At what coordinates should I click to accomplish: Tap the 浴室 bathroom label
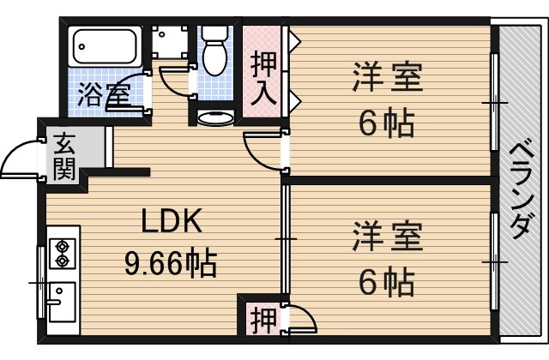[103, 95]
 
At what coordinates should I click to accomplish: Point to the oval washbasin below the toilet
[214, 117]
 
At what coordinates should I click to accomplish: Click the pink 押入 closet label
[263, 78]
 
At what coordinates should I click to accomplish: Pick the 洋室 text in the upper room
[386, 81]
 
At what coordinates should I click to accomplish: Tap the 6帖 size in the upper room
[386, 124]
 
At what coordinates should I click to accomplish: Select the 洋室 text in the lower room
[386, 236]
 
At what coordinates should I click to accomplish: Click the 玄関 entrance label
[63, 156]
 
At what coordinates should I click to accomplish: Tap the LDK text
[172, 222]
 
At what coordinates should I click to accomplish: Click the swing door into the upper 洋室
[264, 149]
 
